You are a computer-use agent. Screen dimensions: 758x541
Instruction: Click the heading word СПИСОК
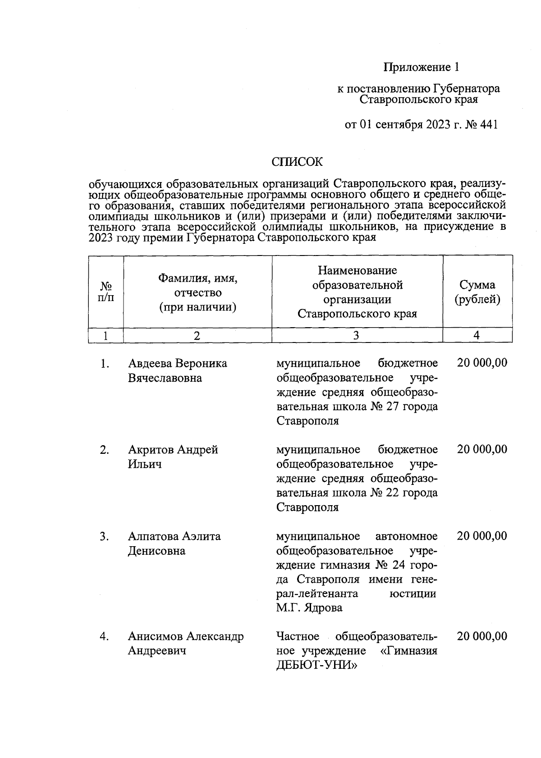click(297, 162)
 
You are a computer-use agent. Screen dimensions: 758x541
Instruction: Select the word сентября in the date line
click(397, 124)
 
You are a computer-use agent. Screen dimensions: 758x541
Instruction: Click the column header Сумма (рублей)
click(477, 292)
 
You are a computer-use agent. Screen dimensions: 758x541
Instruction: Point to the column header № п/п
click(105, 292)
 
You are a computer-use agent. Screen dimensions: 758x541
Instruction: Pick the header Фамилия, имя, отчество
click(197, 292)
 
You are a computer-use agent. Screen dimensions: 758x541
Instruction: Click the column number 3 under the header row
click(357, 335)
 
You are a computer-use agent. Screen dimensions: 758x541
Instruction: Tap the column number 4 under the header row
click(477, 335)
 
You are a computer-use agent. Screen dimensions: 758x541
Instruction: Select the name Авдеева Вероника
click(177, 363)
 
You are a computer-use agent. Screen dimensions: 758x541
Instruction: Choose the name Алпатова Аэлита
click(174, 536)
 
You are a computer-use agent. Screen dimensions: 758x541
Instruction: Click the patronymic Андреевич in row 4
click(157, 651)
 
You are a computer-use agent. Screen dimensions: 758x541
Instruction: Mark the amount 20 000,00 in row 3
click(481, 536)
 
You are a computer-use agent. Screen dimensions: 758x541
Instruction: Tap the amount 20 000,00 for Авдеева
click(481, 363)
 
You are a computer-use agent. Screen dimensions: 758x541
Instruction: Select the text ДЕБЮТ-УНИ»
click(316, 665)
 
